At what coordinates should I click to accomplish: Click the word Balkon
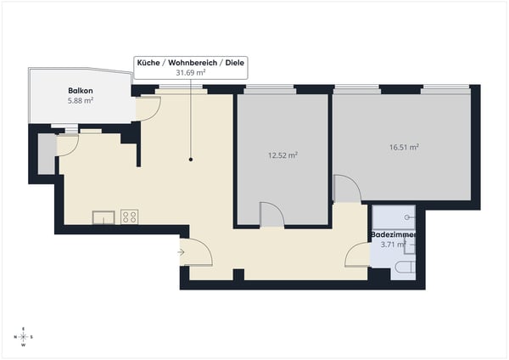[x=81, y=90]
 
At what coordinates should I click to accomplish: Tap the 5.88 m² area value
[x=81, y=100]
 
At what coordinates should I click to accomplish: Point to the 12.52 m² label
[x=282, y=155]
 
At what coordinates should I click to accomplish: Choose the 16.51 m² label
[x=404, y=147]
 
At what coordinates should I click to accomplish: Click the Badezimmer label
[x=394, y=233]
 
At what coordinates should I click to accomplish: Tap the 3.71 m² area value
[x=394, y=245]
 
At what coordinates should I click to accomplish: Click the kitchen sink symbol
[x=103, y=217]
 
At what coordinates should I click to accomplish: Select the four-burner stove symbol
[x=130, y=217]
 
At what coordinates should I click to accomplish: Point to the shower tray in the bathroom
[x=394, y=217]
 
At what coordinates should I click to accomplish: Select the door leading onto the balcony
[x=147, y=107]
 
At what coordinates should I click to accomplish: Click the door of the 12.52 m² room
[x=271, y=215]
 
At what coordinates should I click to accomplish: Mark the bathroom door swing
[x=359, y=254]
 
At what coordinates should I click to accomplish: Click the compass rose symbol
[x=24, y=337]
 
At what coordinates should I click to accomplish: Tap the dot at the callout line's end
[x=191, y=160]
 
